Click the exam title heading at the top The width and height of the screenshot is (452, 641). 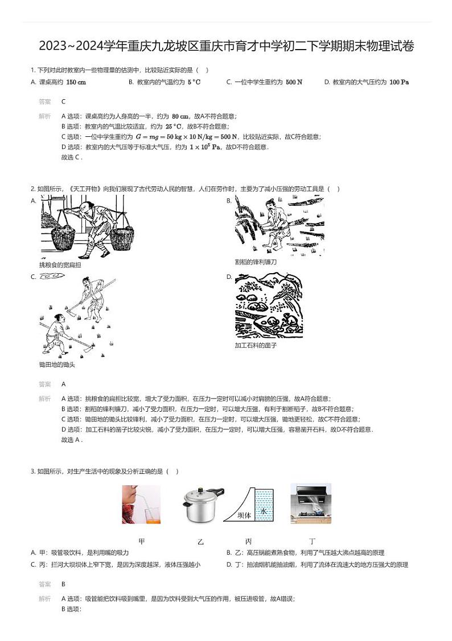pos(226,46)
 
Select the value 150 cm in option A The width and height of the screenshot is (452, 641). pos(76,82)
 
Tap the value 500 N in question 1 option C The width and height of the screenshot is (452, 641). pos(294,82)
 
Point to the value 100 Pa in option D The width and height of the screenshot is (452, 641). pos(399,82)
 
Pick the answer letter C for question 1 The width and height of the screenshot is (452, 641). pos(63,102)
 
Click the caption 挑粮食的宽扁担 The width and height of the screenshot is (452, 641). pos(60,265)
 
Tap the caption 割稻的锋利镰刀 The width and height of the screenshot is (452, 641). pos(256,262)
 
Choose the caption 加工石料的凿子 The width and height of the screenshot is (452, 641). pos(256,346)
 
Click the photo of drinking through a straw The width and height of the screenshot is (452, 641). pos(141,504)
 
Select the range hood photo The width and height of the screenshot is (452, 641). pos(310,504)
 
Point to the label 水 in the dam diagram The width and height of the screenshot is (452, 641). pos(264,512)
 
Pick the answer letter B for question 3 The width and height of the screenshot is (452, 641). pos(63,584)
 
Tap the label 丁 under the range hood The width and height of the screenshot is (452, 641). pos(312,541)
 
